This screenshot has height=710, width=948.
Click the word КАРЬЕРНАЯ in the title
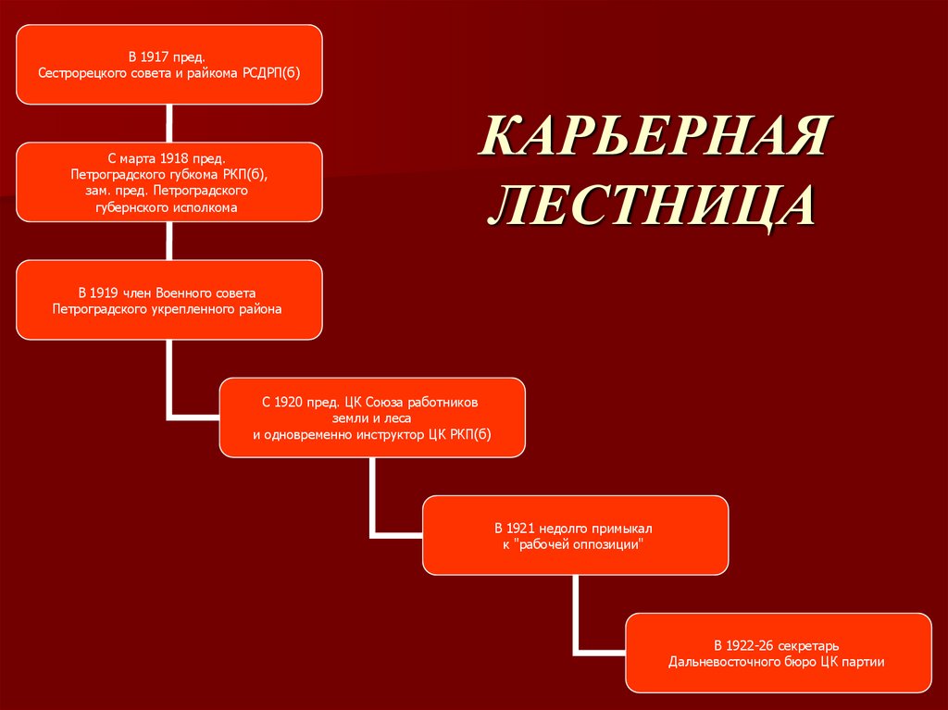655,138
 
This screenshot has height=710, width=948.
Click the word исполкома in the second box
206,207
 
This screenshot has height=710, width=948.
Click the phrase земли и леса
373,418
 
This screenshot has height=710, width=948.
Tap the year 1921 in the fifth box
520,528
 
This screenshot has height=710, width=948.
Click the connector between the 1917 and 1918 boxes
168,122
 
